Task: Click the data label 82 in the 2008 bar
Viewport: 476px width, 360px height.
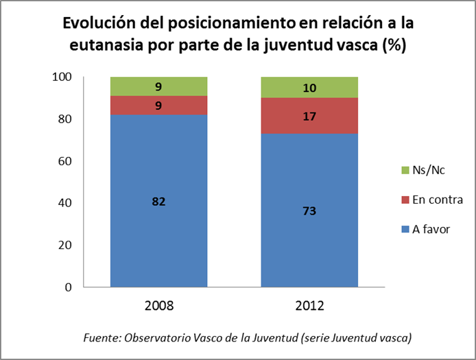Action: click(159, 202)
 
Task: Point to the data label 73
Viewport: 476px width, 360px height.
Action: click(310, 211)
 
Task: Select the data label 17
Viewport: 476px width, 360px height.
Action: click(310, 116)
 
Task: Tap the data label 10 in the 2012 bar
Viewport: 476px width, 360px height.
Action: click(310, 87)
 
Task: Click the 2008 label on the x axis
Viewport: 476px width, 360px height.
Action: click(159, 305)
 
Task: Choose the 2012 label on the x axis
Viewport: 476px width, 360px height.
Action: click(310, 305)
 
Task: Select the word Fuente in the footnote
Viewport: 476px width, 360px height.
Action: click(100, 338)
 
